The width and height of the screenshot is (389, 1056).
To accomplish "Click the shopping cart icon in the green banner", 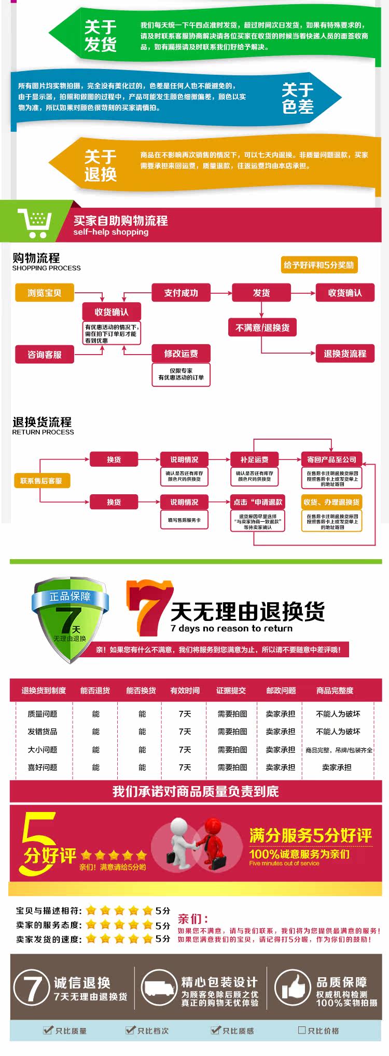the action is (x=35, y=223).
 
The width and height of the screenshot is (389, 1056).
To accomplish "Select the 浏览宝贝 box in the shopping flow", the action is (x=45, y=293).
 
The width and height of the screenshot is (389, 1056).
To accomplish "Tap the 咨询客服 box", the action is (x=45, y=355).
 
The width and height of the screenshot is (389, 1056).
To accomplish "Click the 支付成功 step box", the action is (x=181, y=293).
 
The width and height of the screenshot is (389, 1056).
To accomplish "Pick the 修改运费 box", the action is (x=181, y=354).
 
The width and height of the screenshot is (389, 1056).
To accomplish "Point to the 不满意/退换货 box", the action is (x=262, y=328).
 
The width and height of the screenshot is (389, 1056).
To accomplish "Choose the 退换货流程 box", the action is (x=345, y=354).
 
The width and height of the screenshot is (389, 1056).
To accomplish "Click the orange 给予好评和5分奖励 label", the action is (x=318, y=265).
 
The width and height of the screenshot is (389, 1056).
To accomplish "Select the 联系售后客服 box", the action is (x=41, y=481).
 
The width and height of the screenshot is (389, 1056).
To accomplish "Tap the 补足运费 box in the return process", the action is (x=254, y=459).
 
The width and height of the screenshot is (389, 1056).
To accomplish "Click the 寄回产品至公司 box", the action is (x=331, y=459).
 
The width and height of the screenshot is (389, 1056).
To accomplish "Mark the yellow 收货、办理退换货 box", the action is (x=331, y=502).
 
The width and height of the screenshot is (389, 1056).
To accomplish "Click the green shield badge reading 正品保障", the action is (x=71, y=618).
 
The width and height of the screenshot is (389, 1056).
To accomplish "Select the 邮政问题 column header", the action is (x=281, y=691).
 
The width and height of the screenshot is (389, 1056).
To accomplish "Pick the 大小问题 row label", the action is (x=43, y=750).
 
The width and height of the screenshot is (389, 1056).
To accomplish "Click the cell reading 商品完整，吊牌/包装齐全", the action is (x=339, y=750).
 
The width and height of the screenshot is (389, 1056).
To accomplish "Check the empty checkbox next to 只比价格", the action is (x=302, y=1030).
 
